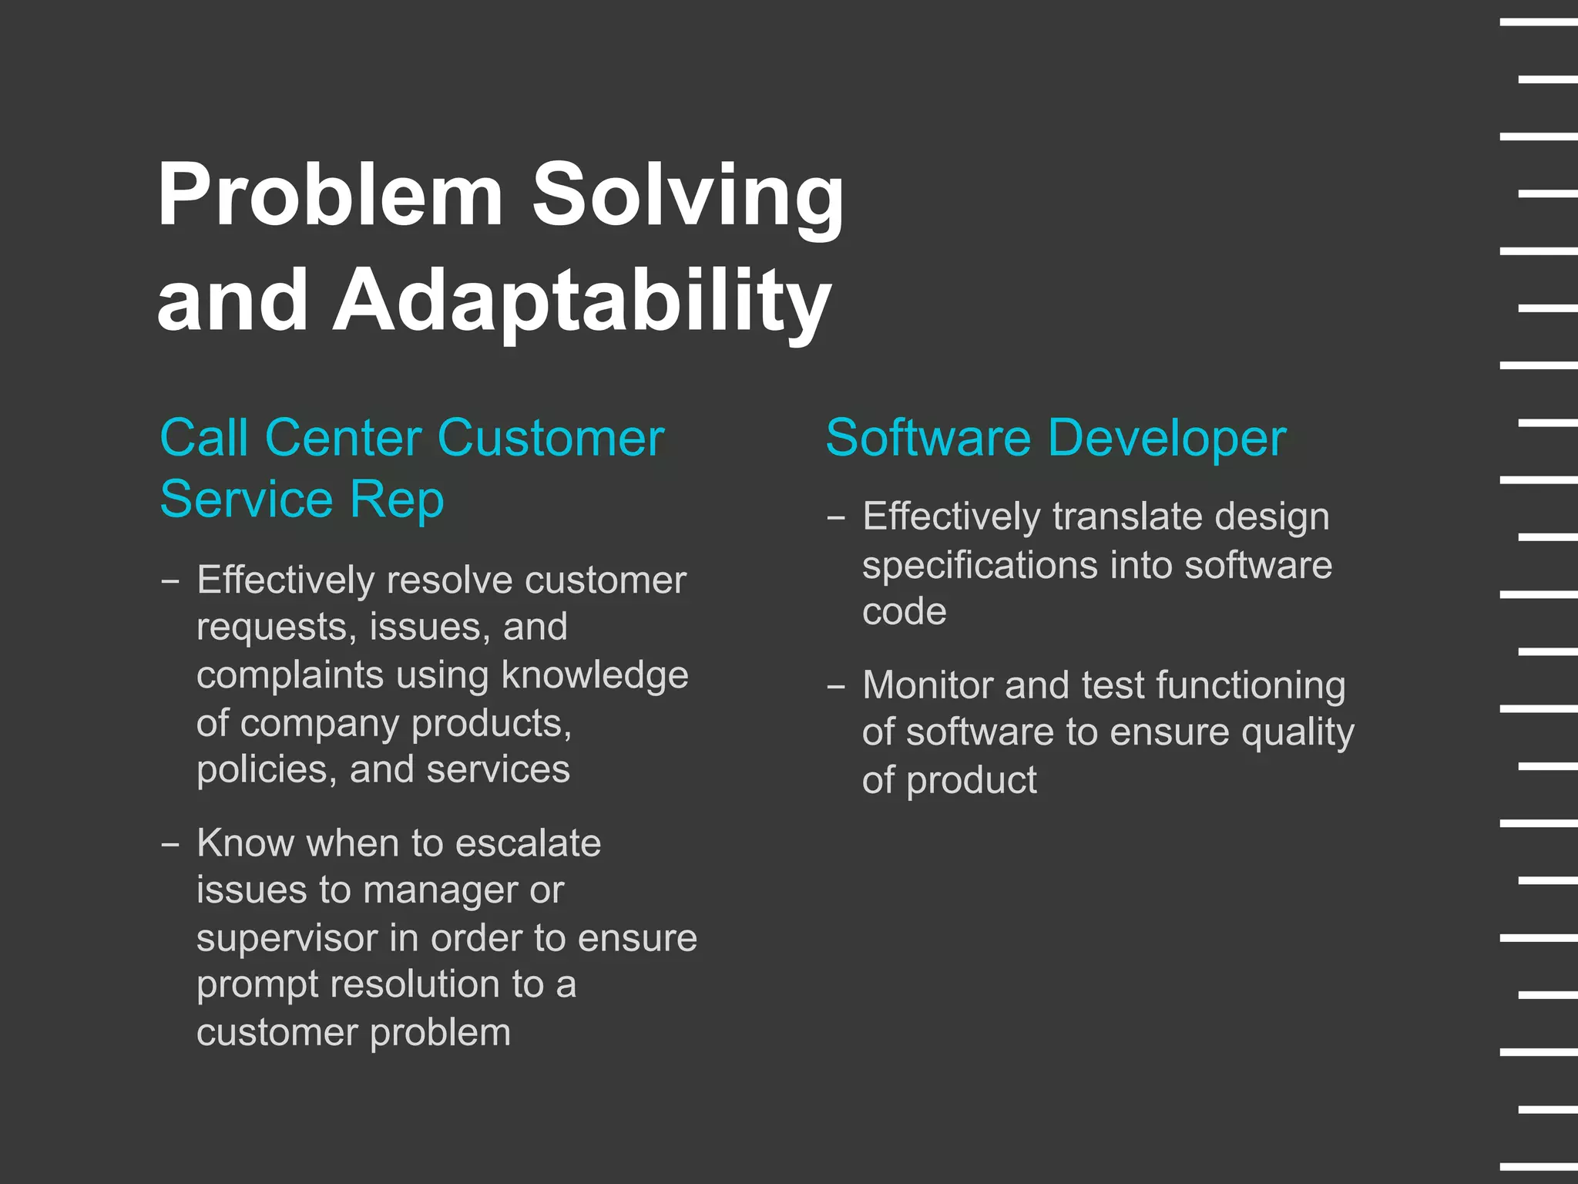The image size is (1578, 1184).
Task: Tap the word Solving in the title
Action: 688,197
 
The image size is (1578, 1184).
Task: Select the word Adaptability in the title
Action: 582,301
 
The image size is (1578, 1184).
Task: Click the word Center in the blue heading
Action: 344,438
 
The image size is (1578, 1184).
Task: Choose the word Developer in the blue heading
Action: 1167,438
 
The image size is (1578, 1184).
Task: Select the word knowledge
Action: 594,674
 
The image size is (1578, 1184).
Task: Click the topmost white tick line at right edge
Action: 1538,22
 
